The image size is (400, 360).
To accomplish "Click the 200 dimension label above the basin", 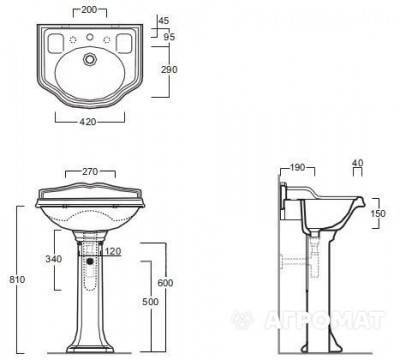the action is [89, 10].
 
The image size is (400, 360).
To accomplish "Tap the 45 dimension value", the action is [164, 21].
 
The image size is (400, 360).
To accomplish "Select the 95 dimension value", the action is [169, 36].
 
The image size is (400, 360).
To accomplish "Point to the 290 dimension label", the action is [169, 70].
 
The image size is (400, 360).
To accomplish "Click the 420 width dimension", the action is [88, 122].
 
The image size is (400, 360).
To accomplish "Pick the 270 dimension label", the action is [90, 172].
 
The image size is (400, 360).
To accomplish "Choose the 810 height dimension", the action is [17, 279].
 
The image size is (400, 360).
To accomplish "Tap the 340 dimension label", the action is [54, 259].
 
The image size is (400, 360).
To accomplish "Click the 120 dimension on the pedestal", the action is [113, 251].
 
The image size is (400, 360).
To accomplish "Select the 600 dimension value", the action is [165, 283].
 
